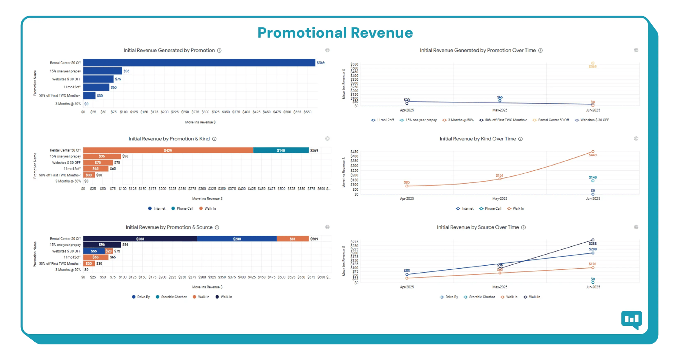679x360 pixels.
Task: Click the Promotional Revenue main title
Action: (x=335, y=33)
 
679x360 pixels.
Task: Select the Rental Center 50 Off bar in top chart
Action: (x=199, y=63)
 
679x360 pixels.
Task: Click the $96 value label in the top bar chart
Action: (x=126, y=71)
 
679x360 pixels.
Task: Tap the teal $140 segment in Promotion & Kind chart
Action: (x=281, y=150)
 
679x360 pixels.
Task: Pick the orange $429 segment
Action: (x=168, y=150)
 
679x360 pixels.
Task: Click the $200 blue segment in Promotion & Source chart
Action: (x=237, y=239)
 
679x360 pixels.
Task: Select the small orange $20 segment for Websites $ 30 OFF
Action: (x=108, y=251)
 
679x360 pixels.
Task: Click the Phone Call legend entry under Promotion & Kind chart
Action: (x=182, y=209)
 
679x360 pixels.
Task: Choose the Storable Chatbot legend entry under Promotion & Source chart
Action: (x=171, y=297)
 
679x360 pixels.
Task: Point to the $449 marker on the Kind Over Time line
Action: (x=593, y=152)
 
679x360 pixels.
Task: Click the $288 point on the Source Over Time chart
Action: (x=593, y=240)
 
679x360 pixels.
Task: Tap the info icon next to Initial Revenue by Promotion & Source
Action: (x=217, y=227)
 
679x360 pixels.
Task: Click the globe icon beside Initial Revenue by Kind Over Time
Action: (x=636, y=138)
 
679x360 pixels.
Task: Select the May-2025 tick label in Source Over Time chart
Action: (x=500, y=287)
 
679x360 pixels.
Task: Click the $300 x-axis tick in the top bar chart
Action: (x=205, y=112)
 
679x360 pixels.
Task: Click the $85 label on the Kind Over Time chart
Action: (x=407, y=182)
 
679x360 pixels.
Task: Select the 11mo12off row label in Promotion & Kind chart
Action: (x=72, y=169)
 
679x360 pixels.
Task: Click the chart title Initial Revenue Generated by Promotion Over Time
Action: (x=477, y=50)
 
